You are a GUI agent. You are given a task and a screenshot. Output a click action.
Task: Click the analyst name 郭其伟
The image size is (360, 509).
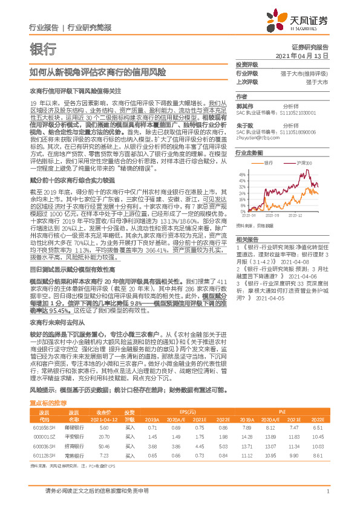click(x=244, y=105)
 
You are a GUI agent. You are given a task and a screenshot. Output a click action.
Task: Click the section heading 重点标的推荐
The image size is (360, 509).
click(x=48, y=402)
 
